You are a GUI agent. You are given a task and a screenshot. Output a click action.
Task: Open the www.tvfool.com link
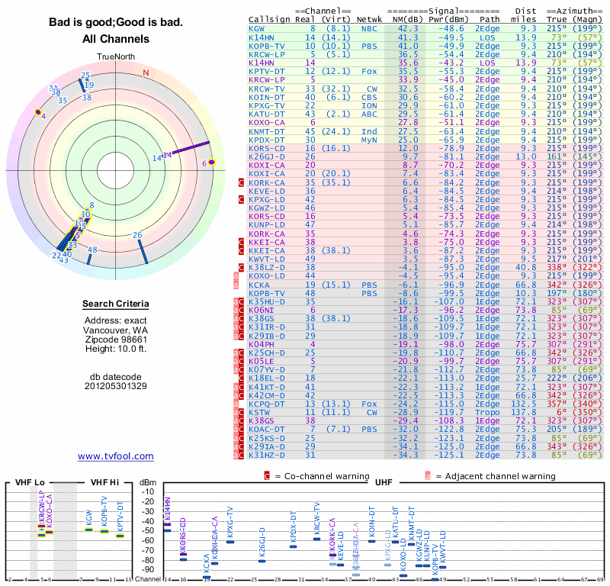click(x=116, y=456)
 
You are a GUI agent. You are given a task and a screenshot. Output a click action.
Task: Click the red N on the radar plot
click(x=146, y=73)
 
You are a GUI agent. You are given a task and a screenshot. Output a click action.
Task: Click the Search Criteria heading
click(x=116, y=304)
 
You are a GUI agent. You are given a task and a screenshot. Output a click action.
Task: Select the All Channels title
click(x=116, y=39)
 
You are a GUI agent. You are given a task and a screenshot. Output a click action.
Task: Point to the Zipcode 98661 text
click(x=116, y=339)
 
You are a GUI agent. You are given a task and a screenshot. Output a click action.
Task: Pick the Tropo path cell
click(x=488, y=412)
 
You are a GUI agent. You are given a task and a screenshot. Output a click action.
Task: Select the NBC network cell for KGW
click(x=369, y=28)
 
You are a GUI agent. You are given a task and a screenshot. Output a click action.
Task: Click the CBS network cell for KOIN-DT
click(x=369, y=97)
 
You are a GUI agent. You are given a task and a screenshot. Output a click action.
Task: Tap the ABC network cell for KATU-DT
click(x=369, y=114)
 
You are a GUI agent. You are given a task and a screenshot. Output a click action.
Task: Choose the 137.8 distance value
click(x=522, y=412)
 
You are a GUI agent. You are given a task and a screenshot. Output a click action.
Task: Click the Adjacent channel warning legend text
click(x=496, y=476)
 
